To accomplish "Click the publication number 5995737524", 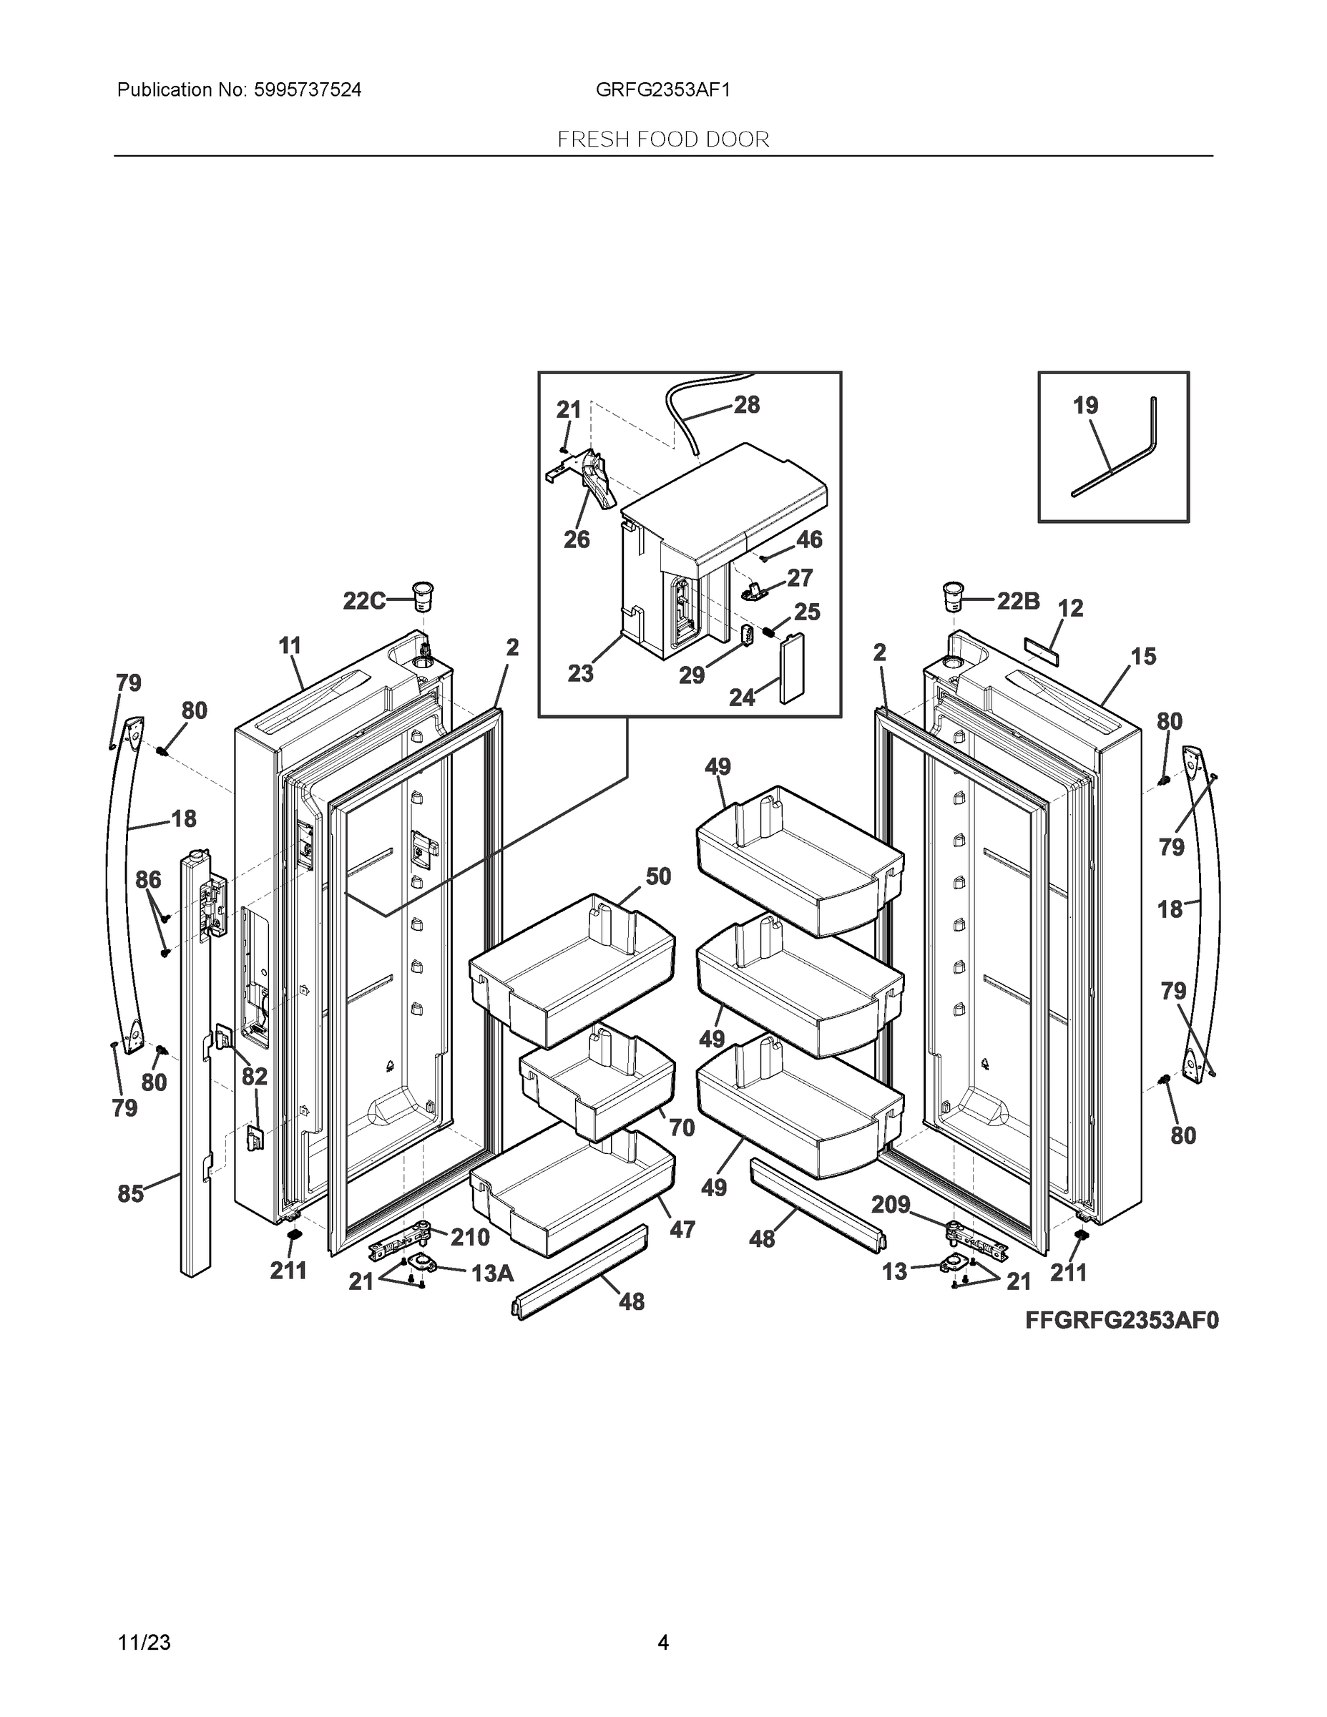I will click(307, 90).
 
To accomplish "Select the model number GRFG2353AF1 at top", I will click(662, 90).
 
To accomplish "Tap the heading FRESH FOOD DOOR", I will click(662, 140).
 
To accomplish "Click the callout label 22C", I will click(364, 602).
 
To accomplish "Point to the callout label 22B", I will click(1018, 602).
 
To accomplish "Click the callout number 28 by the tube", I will click(746, 405).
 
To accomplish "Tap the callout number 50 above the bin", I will click(658, 876).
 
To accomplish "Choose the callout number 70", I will click(682, 1127).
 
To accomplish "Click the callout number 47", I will click(682, 1229).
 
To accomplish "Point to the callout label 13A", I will click(492, 1273).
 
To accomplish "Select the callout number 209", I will click(891, 1205).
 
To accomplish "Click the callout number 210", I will click(470, 1238).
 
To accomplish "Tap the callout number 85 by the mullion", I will click(130, 1193).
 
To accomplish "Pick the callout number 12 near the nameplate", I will click(1070, 607).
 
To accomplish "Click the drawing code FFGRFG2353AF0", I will click(1122, 1320).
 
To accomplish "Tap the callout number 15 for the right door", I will click(1143, 657).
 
